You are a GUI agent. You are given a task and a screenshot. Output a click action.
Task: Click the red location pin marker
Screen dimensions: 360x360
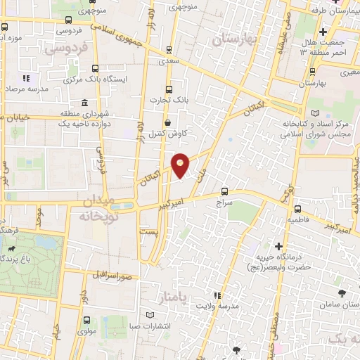[x=181, y=165]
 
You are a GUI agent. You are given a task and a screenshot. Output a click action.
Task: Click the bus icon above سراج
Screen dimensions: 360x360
[x=224, y=191]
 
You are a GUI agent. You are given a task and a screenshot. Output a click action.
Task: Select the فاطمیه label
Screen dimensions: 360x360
[x=297, y=220]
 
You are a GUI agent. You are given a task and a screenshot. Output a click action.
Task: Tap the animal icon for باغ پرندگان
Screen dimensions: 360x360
[x=13, y=248]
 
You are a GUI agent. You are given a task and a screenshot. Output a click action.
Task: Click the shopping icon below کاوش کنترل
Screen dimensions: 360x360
[x=167, y=143]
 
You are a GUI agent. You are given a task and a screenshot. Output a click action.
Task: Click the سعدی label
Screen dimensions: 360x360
[x=168, y=61]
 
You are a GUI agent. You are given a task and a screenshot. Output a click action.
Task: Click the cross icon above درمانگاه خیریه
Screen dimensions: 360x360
[x=279, y=246]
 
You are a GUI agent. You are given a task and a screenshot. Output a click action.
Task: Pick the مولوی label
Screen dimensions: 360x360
[x=86, y=330]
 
